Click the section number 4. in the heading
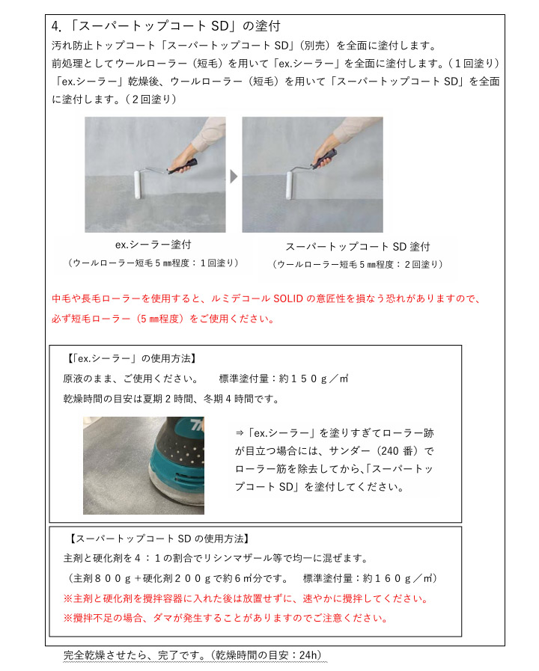56,26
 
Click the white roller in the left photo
138,185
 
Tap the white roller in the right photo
290,186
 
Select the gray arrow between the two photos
234,177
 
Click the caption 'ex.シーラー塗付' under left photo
153,245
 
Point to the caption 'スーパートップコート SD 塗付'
358,247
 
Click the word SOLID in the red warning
288,298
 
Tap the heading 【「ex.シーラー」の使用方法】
131,358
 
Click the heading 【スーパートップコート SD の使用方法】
159,539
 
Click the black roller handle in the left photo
182,166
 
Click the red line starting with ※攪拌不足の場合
225,619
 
